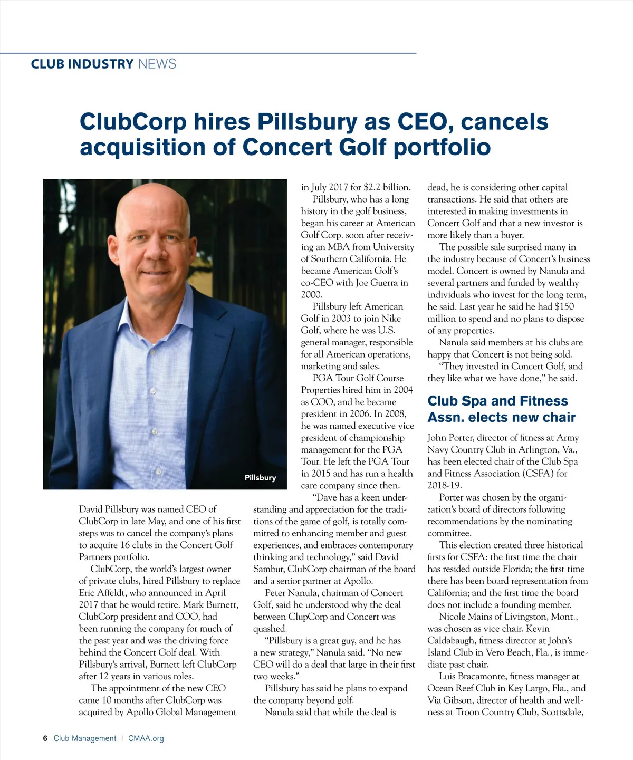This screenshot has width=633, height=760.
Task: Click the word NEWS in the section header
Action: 157,64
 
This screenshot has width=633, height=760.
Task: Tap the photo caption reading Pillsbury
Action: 260,478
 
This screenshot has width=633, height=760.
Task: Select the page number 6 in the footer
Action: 45,738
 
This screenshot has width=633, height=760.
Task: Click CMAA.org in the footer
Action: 146,738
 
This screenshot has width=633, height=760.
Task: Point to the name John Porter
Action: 450,438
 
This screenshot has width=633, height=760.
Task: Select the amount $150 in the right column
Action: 564,306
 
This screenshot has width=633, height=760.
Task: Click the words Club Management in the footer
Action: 85,738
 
